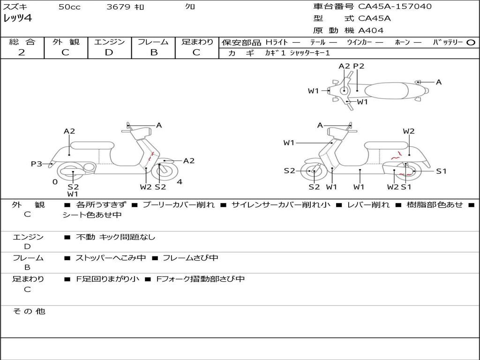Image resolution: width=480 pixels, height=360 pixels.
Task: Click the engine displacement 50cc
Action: coord(69,7)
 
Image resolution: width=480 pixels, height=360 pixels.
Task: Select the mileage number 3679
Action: coord(119,7)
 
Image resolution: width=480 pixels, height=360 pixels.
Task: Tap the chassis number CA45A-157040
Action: coord(395,7)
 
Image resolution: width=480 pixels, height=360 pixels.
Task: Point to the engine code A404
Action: coord(371,30)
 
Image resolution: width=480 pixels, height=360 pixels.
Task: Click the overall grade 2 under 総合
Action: coord(22,52)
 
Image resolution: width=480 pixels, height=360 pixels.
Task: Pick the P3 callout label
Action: coord(37,164)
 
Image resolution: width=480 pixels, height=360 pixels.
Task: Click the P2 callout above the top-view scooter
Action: coord(359,66)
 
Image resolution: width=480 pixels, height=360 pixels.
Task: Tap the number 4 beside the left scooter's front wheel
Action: coord(180,182)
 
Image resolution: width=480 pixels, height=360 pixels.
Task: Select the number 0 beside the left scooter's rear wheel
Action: coord(55,182)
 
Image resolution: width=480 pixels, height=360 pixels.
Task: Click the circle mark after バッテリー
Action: coord(471,42)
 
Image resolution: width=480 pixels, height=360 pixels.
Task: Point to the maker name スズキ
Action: coord(15,7)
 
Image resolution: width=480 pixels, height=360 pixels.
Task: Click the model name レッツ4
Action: coord(18,19)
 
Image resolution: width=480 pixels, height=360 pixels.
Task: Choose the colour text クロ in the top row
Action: coord(190,7)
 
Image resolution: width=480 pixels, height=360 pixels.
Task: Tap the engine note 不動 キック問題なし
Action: coord(115,237)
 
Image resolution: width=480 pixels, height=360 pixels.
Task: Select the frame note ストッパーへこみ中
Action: coord(111,258)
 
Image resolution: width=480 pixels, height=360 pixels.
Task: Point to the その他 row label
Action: coord(29,311)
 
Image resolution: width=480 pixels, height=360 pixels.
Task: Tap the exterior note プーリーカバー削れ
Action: coord(179,205)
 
